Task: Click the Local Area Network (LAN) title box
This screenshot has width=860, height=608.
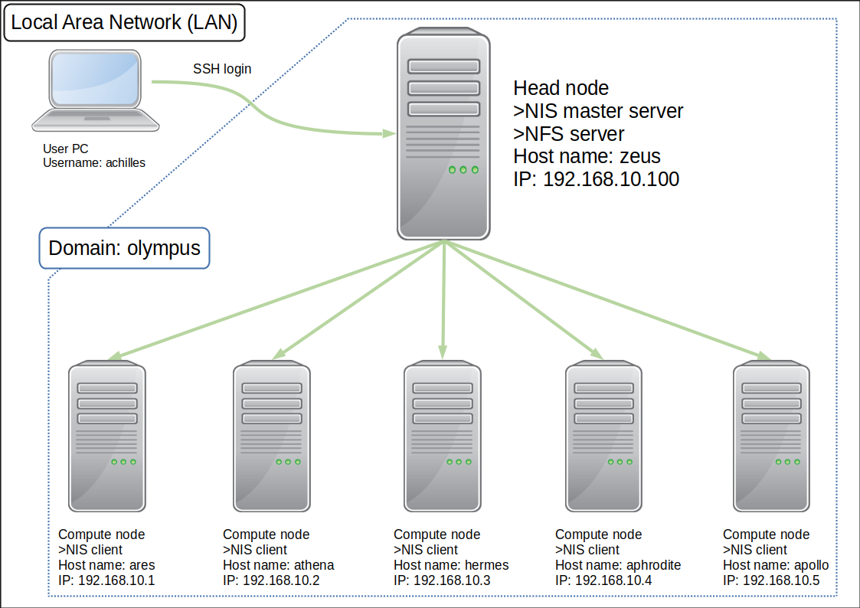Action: [x=124, y=23]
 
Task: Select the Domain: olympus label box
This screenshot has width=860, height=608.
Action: [x=124, y=248]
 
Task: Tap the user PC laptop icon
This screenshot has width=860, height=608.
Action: [x=96, y=90]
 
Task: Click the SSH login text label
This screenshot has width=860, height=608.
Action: [x=222, y=69]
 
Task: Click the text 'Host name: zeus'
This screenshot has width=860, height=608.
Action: [x=587, y=156]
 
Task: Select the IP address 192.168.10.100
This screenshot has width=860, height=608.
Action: [x=597, y=179]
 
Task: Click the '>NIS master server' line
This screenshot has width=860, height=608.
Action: [x=598, y=111]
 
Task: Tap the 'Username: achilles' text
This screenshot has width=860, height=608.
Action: [x=93, y=162]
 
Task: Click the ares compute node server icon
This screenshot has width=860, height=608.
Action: [x=107, y=437]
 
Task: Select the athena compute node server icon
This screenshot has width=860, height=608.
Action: [x=272, y=437]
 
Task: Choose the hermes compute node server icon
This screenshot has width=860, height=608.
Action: [x=443, y=437]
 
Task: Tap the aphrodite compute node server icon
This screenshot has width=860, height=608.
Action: [x=604, y=437]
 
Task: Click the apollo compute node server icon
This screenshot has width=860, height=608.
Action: [x=771, y=437]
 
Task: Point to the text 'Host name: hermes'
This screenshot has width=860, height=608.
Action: [x=451, y=565]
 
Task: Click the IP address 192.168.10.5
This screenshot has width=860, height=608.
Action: [x=771, y=580]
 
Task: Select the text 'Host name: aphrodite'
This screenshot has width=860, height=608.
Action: [x=618, y=565]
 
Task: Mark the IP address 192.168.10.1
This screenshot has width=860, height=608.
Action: [x=106, y=580]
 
